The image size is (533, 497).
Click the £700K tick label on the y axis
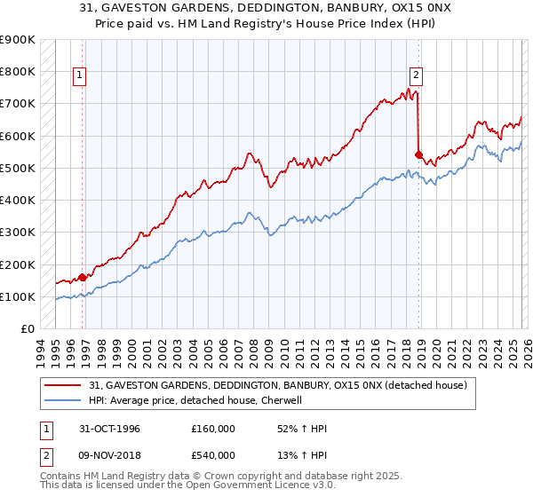coord(18,104)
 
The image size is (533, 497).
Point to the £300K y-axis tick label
coord(18,233)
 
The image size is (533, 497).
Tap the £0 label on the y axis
coord(27,329)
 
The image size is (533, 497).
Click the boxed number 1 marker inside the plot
coord(79,76)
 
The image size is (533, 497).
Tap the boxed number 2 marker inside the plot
coord(416,76)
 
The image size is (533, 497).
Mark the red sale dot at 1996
coord(83,277)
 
